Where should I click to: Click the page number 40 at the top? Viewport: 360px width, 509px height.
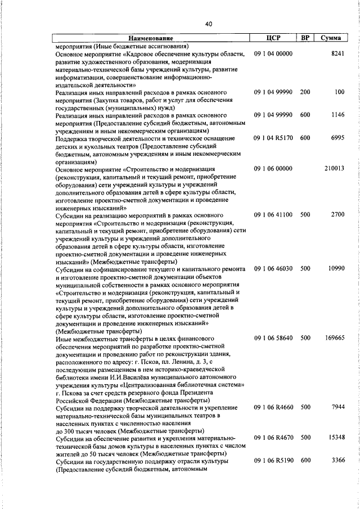click(209, 24)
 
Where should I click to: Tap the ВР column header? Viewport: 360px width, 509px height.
click(305, 38)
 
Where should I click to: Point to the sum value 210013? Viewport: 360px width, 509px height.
click(334, 168)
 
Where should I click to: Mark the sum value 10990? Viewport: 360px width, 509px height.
click(336, 269)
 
